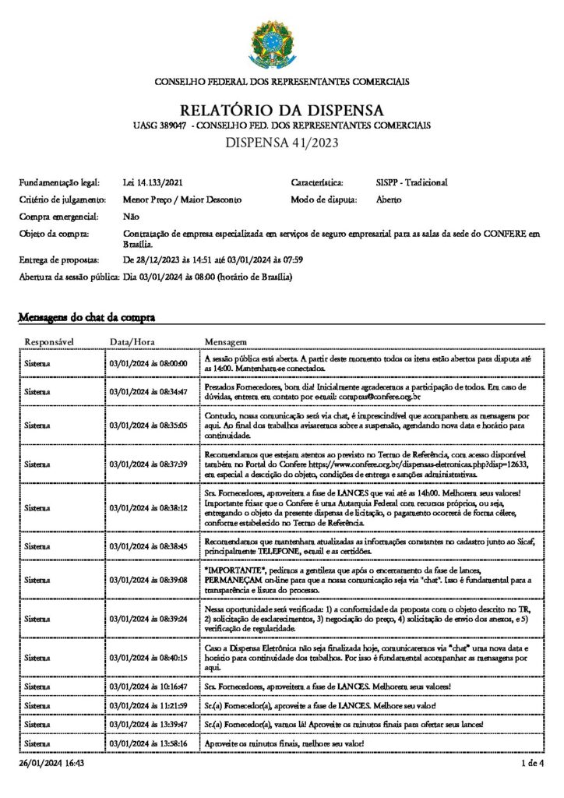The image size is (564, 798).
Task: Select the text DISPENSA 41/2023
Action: point(281,143)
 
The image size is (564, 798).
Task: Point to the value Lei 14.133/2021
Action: point(153,182)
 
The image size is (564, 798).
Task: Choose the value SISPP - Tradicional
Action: point(411,182)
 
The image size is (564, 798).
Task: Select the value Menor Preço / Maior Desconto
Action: point(182,200)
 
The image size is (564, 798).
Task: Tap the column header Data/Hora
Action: point(132,341)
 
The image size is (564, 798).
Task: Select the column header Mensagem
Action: point(225,341)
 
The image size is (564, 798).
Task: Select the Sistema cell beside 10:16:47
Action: point(37,687)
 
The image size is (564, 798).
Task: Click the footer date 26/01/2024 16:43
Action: point(51,764)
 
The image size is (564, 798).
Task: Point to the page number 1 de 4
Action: point(533,764)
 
